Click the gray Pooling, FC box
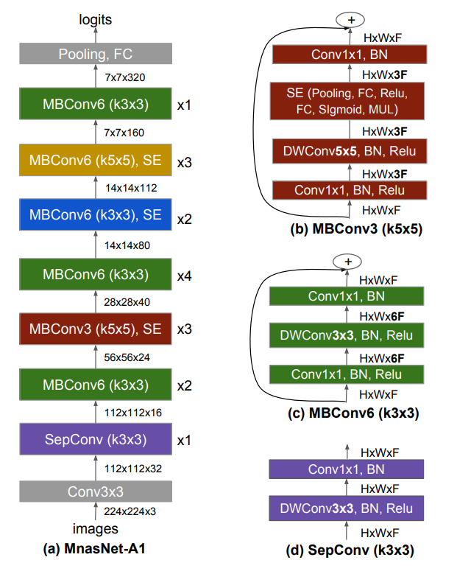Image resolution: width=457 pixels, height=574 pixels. (96, 53)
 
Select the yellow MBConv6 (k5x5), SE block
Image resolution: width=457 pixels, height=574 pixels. (96, 160)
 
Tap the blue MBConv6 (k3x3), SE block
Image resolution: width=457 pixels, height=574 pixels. (96, 217)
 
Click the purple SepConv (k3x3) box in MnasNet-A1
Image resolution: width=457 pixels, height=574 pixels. (96, 440)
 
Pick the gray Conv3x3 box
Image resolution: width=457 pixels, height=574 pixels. (96, 491)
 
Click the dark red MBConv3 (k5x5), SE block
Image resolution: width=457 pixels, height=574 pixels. (96, 328)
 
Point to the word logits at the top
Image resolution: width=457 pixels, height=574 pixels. (95, 20)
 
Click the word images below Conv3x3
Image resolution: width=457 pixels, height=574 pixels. (95, 528)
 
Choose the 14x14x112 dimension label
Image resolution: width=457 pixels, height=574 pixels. (131, 188)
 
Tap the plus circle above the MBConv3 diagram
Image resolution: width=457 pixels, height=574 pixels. (349, 21)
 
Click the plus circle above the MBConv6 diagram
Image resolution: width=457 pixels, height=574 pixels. (349, 262)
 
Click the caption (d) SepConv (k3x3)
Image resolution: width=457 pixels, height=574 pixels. (347, 551)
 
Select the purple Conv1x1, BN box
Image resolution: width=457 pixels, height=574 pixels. (346, 469)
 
